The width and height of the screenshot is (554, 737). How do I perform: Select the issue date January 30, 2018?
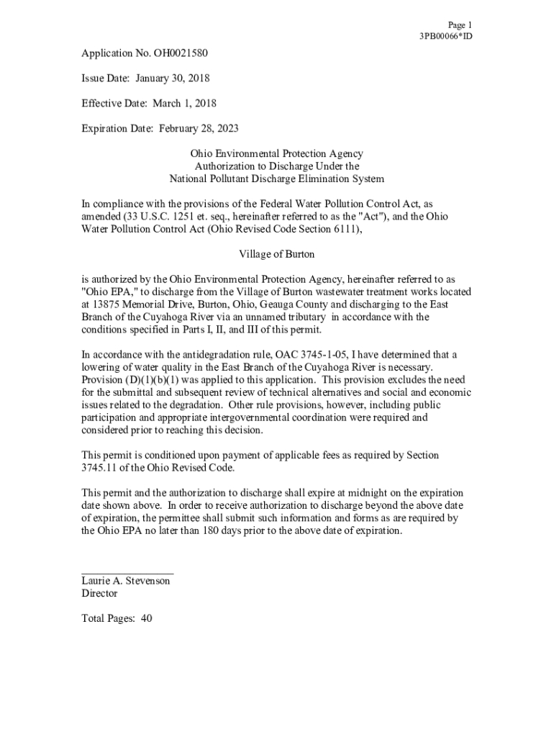pos(171,78)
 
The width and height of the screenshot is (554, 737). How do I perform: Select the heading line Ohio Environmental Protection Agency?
pos(277,154)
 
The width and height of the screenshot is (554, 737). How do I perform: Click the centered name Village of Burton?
pos(277,255)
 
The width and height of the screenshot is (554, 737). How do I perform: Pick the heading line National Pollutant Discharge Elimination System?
pos(277,179)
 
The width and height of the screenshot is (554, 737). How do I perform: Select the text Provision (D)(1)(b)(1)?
pos(127,380)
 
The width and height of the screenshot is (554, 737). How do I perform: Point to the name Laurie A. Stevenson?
pos(126,581)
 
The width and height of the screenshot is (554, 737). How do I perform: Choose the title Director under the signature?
pos(99,594)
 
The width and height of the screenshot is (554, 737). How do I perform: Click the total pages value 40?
pos(146,618)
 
